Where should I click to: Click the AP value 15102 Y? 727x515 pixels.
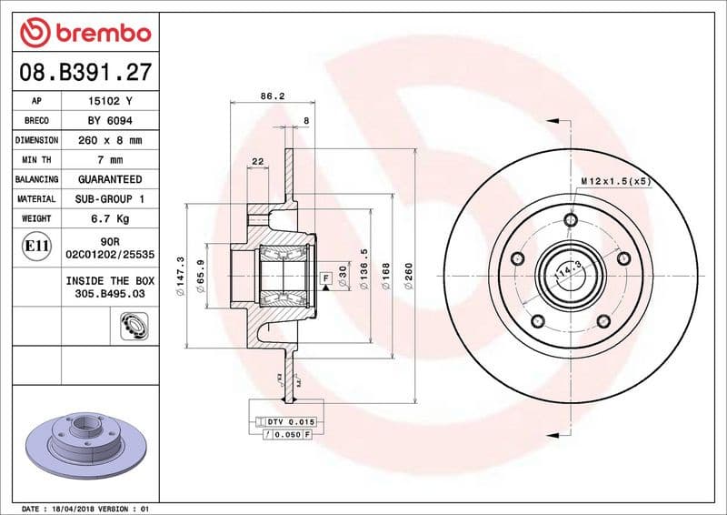coord(109,101)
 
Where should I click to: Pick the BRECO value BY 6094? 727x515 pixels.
coord(109,121)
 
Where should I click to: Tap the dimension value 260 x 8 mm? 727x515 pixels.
coord(109,140)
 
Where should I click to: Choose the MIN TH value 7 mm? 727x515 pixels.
coord(109,160)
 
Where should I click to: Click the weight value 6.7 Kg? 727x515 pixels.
coord(109,218)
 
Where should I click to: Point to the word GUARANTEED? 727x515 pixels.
coord(109,179)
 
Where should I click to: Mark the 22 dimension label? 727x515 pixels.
coord(257,161)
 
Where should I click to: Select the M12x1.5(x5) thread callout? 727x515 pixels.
coord(617,182)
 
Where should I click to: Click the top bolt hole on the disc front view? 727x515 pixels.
coord(571,219)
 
